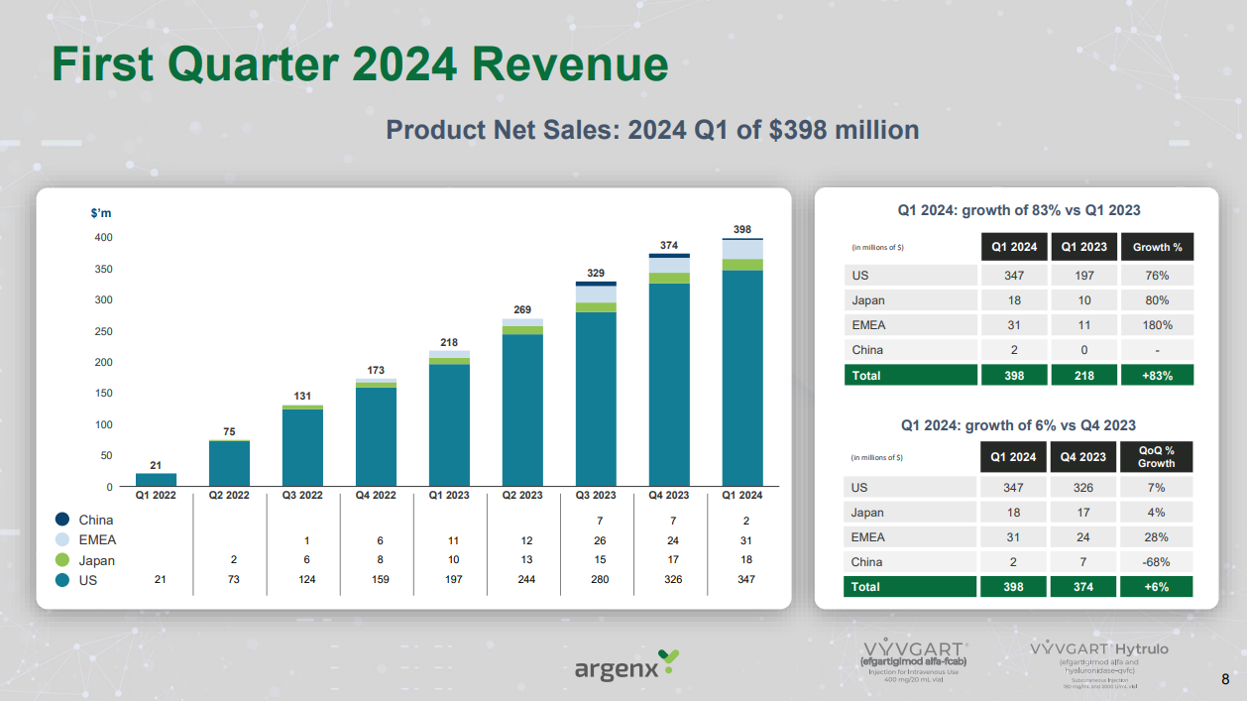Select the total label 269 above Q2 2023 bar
tap(522, 309)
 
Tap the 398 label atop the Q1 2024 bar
tap(742, 229)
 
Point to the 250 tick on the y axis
tap(103, 331)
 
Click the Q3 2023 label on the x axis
tap(596, 496)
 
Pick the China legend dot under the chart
tap(62, 520)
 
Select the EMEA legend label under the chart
tap(97, 540)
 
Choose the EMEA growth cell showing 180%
tap(1157, 325)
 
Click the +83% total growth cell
tap(1157, 376)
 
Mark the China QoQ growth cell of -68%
tap(1157, 562)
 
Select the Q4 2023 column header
tap(1084, 457)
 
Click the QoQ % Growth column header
tap(1157, 457)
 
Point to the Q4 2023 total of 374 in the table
tap(1084, 587)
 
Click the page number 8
tap(1225, 680)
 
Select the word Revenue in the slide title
tap(569, 64)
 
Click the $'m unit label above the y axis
tap(100, 214)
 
